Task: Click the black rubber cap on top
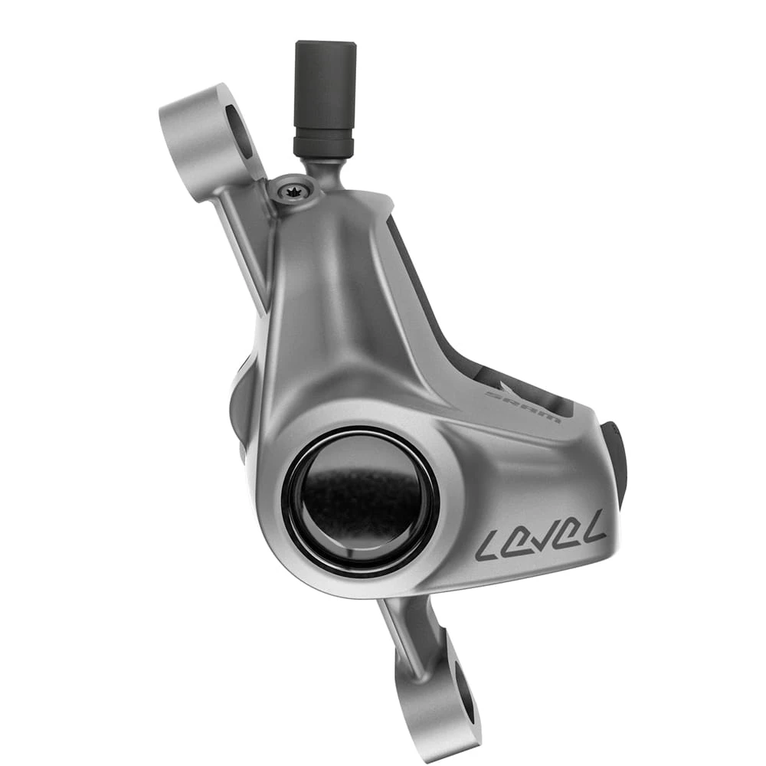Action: [324, 84]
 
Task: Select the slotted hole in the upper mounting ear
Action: [239, 131]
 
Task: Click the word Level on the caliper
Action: [540, 536]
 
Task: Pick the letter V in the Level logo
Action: [541, 536]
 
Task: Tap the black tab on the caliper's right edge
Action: [615, 460]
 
